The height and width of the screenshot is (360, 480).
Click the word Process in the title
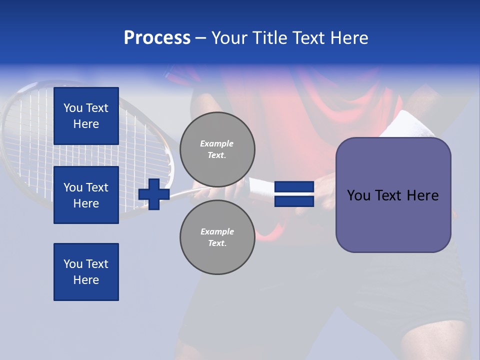(157, 38)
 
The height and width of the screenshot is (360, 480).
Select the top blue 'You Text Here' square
(86, 116)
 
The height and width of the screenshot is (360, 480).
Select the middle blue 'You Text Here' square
(86, 195)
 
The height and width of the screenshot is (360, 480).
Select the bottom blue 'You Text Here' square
(86, 272)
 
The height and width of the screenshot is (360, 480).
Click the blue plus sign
(154, 194)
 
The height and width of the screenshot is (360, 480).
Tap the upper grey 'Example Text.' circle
(217, 149)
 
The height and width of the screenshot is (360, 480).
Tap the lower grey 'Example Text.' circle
(217, 237)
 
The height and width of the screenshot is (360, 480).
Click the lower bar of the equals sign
(294, 201)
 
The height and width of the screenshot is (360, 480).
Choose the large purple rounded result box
(393, 195)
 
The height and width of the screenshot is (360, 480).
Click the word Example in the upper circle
(217, 143)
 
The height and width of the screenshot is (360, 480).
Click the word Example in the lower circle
(217, 231)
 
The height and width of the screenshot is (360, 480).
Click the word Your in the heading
(230, 38)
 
